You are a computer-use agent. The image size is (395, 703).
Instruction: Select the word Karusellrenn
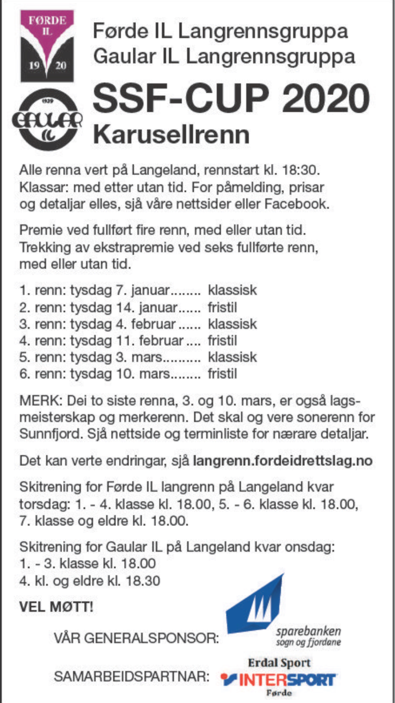click(171, 134)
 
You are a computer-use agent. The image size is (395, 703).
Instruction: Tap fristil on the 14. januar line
click(222, 307)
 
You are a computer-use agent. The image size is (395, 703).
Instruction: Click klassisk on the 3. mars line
click(232, 357)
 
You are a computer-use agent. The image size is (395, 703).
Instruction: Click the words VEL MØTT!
click(56, 607)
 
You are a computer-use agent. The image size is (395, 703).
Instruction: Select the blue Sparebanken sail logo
click(256, 606)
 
